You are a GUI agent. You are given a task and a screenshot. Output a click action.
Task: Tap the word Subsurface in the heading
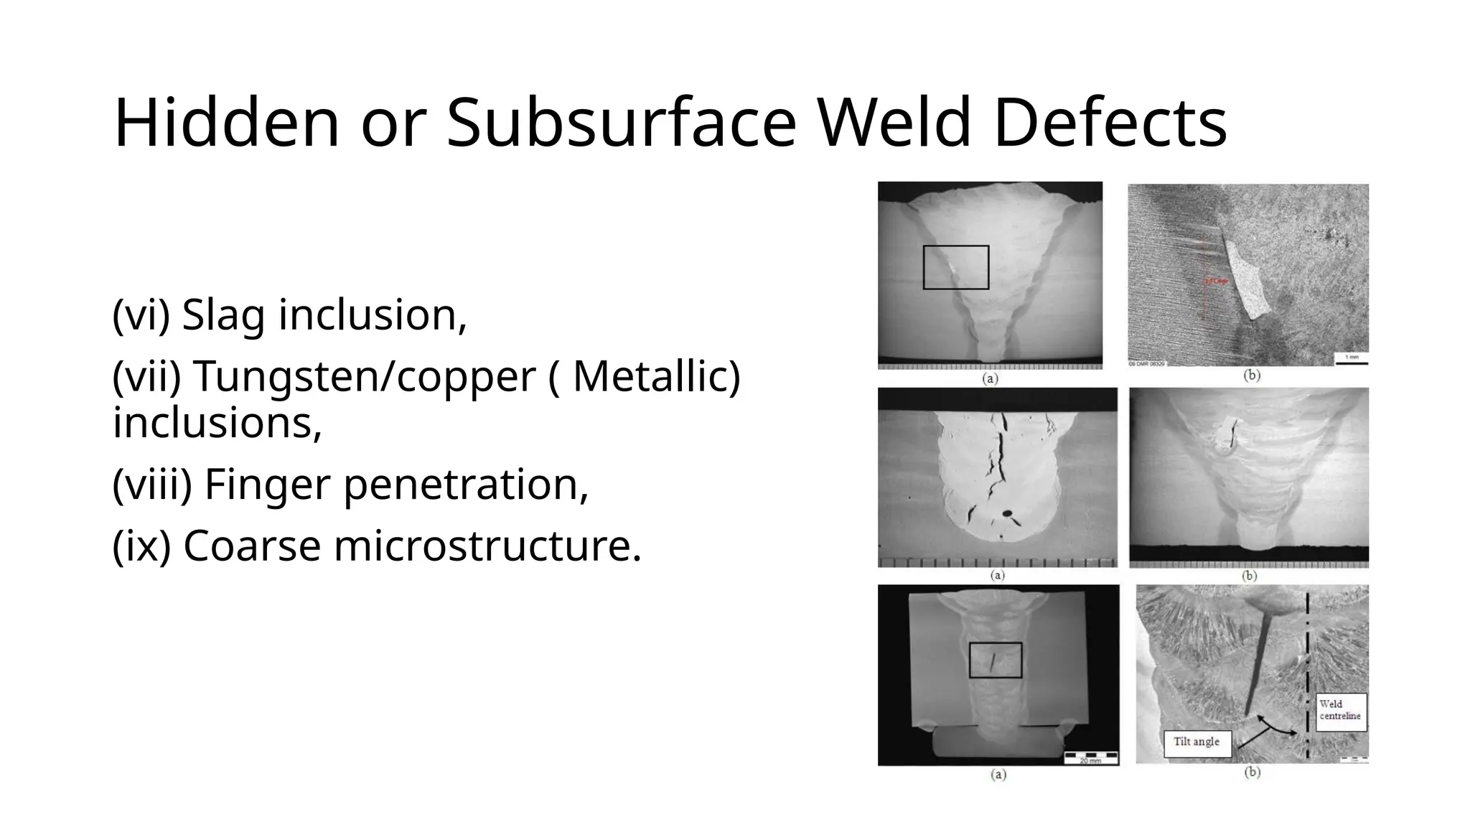[621, 123]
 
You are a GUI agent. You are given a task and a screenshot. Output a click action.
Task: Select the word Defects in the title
[1110, 123]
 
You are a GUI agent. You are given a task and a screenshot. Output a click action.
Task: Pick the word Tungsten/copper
[365, 376]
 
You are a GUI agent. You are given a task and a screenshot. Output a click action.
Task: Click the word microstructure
[488, 546]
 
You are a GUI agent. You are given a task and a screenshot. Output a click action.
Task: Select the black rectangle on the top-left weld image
[955, 267]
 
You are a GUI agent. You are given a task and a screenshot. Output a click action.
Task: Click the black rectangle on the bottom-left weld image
[995, 660]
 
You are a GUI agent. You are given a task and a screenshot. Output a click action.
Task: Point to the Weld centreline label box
[1340, 711]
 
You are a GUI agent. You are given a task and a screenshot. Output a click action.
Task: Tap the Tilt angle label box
[1197, 742]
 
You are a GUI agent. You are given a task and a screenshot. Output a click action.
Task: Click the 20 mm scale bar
[1090, 756]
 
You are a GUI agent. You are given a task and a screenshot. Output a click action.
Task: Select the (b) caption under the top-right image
[1252, 375]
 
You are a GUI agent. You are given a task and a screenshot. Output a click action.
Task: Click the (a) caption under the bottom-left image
[998, 775]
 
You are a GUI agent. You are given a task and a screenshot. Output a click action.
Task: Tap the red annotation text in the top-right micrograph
[1216, 281]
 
